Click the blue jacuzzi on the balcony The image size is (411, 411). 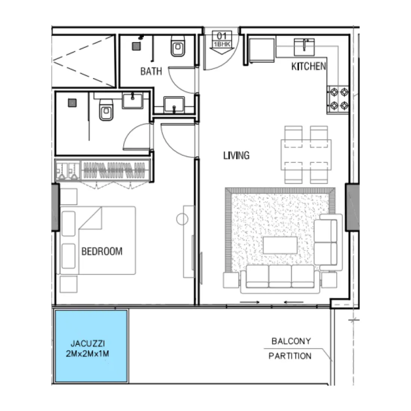tap(91, 346)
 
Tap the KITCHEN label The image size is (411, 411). tap(308, 67)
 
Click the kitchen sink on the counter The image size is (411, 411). tap(305, 46)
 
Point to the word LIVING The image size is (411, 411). tap(236, 155)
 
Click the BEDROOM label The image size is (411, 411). tap(102, 251)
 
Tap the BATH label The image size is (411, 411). tap(151, 71)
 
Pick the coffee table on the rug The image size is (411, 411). tap(280, 245)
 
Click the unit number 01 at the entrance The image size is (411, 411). tap(222, 36)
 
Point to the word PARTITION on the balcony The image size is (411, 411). tap(290, 356)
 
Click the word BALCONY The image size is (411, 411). tap(291, 341)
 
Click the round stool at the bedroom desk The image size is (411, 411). tap(182, 219)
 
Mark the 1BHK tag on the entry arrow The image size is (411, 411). tap(222, 44)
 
